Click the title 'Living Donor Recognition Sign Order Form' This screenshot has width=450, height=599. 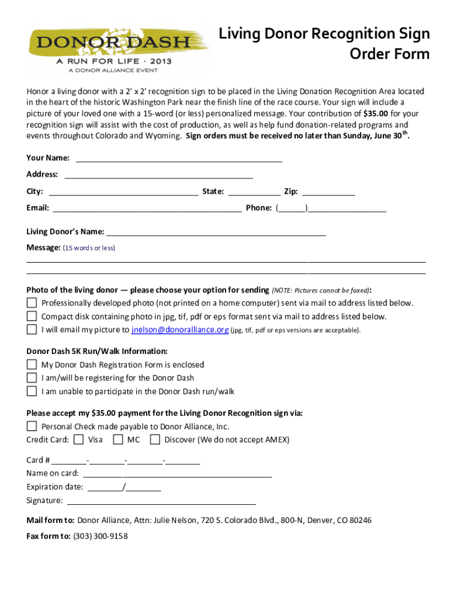pyautogui.click(x=324, y=44)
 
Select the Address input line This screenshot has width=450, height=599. pyautogui.click(x=158, y=175)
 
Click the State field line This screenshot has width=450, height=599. pyautogui.click(x=254, y=192)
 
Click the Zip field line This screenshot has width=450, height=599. pyautogui.click(x=328, y=192)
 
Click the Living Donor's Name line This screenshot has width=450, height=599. pyautogui.click(x=216, y=232)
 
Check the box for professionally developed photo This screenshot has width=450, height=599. pyautogui.click(x=32, y=303)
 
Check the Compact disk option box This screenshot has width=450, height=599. pyautogui.click(x=32, y=316)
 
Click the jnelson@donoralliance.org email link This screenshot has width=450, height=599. pyautogui.click(x=180, y=330)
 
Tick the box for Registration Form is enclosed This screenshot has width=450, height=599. pyautogui.click(x=32, y=364)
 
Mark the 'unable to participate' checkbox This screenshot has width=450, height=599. pyautogui.click(x=32, y=391)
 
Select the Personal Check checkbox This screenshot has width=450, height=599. pyautogui.click(x=32, y=426)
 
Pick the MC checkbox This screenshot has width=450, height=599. pyautogui.click(x=118, y=439)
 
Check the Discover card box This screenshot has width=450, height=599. pyautogui.click(x=155, y=439)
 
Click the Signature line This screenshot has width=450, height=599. pyautogui.click(x=162, y=501)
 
